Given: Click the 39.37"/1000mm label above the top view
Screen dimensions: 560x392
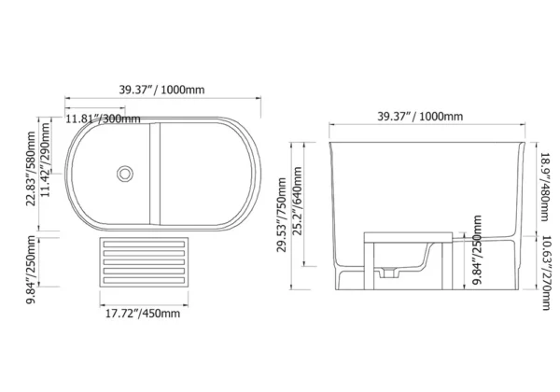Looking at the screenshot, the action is pyautogui.click(x=161, y=90).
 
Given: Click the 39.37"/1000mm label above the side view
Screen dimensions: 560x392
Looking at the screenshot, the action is pyautogui.click(x=420, y=116).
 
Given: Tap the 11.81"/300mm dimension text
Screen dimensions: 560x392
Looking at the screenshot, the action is pyautogui.click(x=103, y=119).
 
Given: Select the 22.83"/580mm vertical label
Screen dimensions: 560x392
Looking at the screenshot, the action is pyautogui.click(x=31, y=169).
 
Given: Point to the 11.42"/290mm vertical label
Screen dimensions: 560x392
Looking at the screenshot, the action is pyautogui.click(x=45, y=160).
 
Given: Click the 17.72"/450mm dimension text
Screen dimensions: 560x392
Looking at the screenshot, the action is pyautogui.click(x=143, y=314).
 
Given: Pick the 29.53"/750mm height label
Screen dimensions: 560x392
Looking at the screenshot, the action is pyautogui.click(x=282, y=215).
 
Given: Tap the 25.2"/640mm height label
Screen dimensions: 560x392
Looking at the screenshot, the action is pyautogui.click(x=297, y=201).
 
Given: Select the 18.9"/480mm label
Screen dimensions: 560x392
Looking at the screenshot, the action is pyautogui.click(x=545, y=187).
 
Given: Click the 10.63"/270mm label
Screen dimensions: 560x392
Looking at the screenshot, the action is pyautogui.click(x=545, y=273).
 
